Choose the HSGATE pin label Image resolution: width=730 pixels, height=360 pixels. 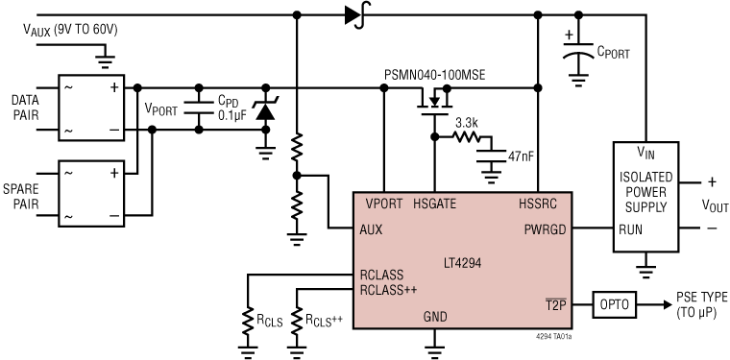coord(433,203)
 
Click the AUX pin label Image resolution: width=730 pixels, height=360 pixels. coord(374,229)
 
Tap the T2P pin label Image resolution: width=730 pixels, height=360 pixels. coord(558,305)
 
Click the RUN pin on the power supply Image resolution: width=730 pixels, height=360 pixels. coord(631,229)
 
